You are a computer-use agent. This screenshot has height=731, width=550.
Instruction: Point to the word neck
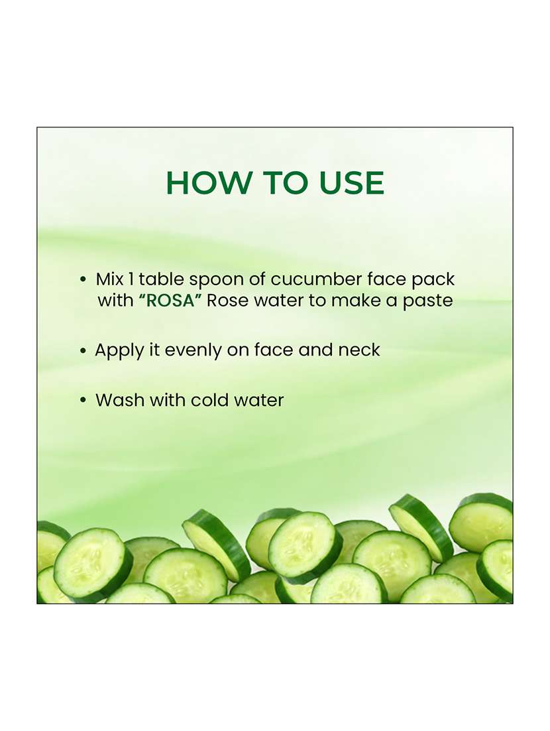[359, 350]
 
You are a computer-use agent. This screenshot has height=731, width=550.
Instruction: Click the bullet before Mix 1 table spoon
[83, 279]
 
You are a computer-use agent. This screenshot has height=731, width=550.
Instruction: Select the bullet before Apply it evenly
[83, 351]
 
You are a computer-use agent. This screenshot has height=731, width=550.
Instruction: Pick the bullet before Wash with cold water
[83, 401]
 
